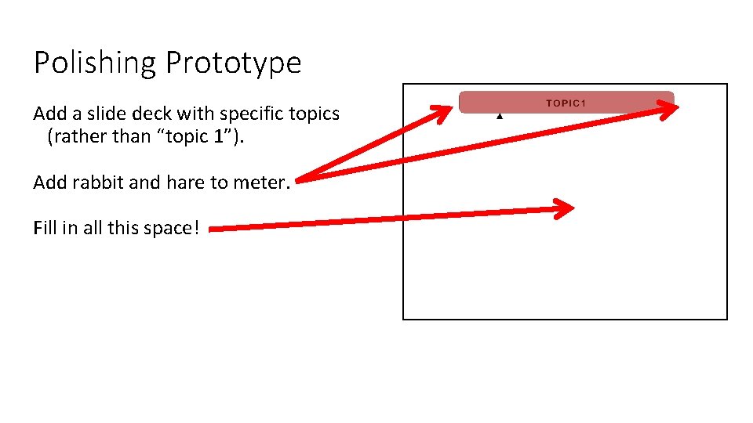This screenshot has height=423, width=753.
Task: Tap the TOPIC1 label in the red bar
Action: click(x=566, y=103)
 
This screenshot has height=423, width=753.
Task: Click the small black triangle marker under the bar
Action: click(x=499, y=116)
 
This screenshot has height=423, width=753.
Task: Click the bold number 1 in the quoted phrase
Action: click(x=217, y=137)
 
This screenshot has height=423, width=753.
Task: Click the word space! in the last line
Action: click(x=172, y=228)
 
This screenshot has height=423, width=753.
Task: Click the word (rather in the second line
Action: click(x=74, y=137)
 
